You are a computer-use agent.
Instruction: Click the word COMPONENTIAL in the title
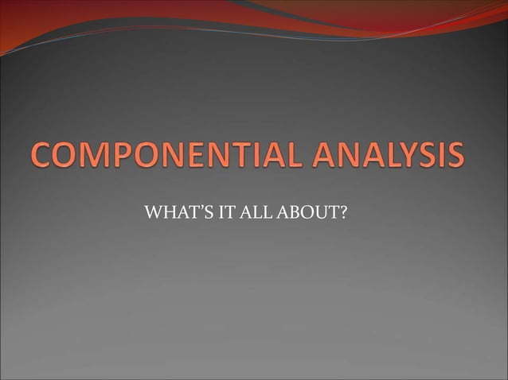160,156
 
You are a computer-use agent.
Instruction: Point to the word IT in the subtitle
213,214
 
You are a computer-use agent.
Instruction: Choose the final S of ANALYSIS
455,156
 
